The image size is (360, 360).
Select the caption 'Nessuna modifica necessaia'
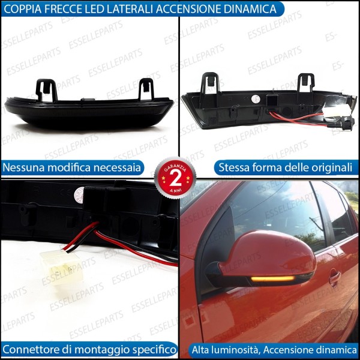(72, 167)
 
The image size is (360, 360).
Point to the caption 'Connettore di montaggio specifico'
(89, 349)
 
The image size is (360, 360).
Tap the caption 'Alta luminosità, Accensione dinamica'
(274, 349)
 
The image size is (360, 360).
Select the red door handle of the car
(334, 277)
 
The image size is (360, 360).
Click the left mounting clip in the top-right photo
(210, 83)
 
